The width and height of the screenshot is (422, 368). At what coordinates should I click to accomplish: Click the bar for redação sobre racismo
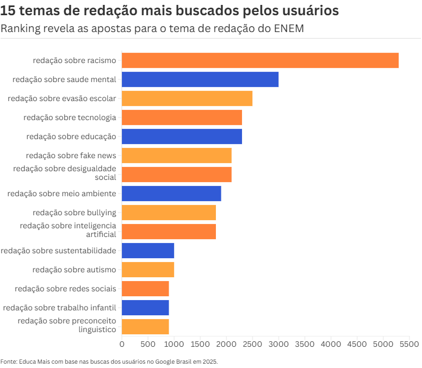click(x=260, y=60)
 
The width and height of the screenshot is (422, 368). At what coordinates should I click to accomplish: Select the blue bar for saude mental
click(x=200, y=79)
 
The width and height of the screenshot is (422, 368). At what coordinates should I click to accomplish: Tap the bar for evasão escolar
click(x=187, y=98)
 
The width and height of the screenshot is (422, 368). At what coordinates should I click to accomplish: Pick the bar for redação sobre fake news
click(x=176, y=155)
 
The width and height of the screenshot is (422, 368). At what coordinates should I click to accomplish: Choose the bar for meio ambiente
click(x=171, y=194)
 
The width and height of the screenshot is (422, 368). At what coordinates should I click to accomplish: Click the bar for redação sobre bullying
click(x=169, y=213)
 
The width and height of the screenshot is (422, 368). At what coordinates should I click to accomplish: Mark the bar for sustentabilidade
click(x=147, y=251)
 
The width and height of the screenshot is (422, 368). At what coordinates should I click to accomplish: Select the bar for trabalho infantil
click(x=145, y=308)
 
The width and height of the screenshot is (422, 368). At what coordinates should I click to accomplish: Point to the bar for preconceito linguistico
click(x=145, y=327)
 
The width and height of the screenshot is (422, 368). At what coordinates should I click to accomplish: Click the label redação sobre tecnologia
click(x=70, y=117)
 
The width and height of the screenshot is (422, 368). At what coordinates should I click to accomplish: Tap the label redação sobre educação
click(x=71, y=136)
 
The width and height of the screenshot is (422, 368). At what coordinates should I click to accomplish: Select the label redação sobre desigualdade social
click(x=65, y=173)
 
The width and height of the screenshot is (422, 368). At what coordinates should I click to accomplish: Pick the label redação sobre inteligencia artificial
click(x=68, y=230)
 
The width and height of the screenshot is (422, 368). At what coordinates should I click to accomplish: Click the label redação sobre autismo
click(x=74, y=270)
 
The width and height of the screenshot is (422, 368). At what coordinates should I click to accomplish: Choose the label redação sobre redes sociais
click(x=65, y=289)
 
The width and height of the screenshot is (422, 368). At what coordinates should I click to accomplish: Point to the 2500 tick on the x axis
click(x=252, y=344)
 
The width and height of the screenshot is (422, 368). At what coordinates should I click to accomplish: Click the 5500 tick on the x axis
click(x=409, y=344)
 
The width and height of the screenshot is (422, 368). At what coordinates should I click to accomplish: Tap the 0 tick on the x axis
click(x=122, y=344)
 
